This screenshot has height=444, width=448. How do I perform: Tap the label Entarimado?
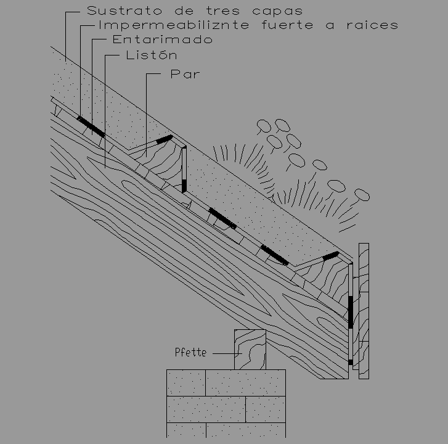(x=163, y=39)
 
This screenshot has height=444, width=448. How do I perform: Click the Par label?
(x=185, y=75)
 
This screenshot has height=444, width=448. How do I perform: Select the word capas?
(x=280, y=10)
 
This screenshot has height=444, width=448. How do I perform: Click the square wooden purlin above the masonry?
(x=250, y=349)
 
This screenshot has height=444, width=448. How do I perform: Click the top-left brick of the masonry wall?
(x=185, y=382)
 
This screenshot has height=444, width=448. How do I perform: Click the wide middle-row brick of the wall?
(x=206, y=409)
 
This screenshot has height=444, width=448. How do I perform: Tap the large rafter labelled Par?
(x=185, y=247)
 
